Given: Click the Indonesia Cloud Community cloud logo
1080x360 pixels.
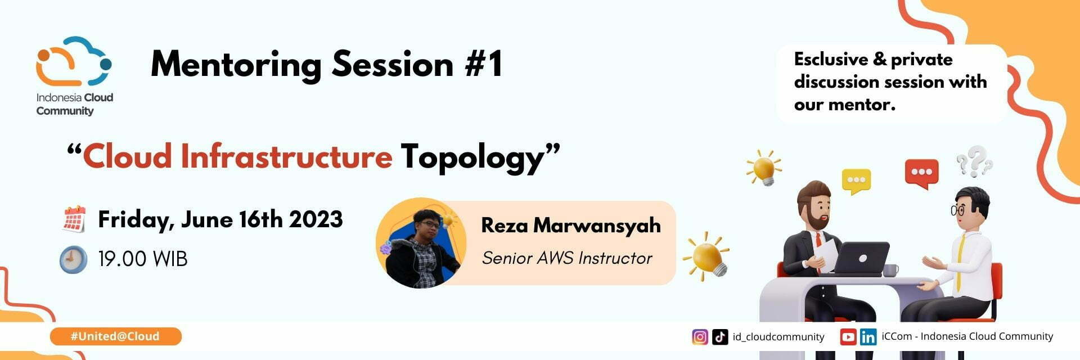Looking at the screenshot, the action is [x=73, y=62].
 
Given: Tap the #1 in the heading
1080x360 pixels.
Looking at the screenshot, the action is [x=483, y=64].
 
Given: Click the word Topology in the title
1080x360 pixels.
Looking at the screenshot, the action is [x=473, y=157].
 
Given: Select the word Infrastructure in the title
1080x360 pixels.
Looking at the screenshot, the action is [x=286, y=156].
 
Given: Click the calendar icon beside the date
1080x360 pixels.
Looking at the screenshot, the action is [x=74, y=219].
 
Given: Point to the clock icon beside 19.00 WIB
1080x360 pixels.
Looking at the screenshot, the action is [x=74, y=260].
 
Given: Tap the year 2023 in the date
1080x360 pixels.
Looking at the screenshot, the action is [x=316, y=219].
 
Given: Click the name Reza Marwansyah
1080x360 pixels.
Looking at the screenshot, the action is [x=571, y=225].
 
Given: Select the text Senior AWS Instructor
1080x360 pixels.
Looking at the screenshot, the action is [x=567, y=258].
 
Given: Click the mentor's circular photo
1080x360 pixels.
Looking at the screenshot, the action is [x=421, y=243].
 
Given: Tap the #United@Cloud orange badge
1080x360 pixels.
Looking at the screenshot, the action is [x=115, y=336].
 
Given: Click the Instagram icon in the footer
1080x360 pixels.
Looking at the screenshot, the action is [x=700, y=337].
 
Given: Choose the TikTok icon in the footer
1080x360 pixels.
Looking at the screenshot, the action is [x=720, y=337].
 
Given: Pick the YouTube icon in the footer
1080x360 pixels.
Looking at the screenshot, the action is [x=848, y=337].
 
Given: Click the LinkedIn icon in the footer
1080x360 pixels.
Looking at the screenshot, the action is [x=868, y=337].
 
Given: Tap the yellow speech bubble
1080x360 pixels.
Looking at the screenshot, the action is [x=856, y=181].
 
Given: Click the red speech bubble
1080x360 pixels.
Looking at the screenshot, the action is [x=921, y=173].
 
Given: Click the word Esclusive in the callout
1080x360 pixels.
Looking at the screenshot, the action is [x=831, y=59].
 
